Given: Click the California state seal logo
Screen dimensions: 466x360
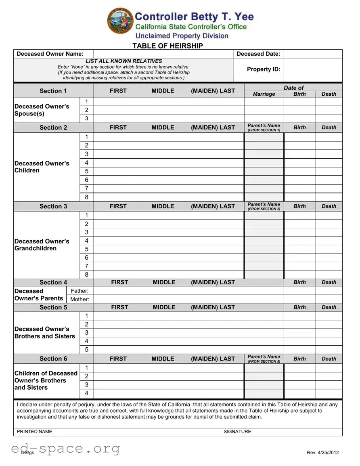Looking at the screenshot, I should click(x=120, y=21).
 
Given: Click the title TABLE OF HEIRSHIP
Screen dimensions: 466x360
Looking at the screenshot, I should click(x=167, y=46).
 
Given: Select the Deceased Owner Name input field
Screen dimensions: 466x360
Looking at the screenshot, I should click(x=163, y=54).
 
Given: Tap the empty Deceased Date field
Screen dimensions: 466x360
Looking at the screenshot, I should click(x=313, y=54).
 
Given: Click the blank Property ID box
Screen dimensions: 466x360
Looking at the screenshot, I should click(x=313, y=69).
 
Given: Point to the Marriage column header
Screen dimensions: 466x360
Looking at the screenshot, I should click(x=264, y=94).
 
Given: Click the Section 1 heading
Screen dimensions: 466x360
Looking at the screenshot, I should click(x=53, y=91).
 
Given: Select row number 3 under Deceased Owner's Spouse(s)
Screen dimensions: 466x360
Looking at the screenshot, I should click(x=86, y=118).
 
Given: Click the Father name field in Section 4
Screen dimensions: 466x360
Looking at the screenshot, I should click(x=188, y=291).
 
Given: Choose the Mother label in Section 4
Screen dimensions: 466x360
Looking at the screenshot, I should click(x=80, y=299).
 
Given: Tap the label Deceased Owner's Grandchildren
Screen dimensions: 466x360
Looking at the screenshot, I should click(x=42, y=245).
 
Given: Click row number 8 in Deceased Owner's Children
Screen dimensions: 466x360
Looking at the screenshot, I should click(x=86, y=197).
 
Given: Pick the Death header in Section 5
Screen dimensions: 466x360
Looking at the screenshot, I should click(x=329, y=307).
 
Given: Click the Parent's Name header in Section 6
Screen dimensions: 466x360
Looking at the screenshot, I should click(x=264, y=359).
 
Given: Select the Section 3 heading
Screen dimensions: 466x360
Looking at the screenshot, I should click(x=53, y=206).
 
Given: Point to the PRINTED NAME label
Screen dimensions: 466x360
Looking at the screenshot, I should click(x=34, y=432).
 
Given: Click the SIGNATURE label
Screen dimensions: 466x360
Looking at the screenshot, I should click(x=237, y=432).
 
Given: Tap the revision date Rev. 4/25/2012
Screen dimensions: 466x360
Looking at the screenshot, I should click(x=323, y=452).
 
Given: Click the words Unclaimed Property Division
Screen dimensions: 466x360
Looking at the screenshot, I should click(x=182, y=36).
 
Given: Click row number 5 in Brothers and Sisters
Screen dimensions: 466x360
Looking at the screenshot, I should click(x=86, y=350).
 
